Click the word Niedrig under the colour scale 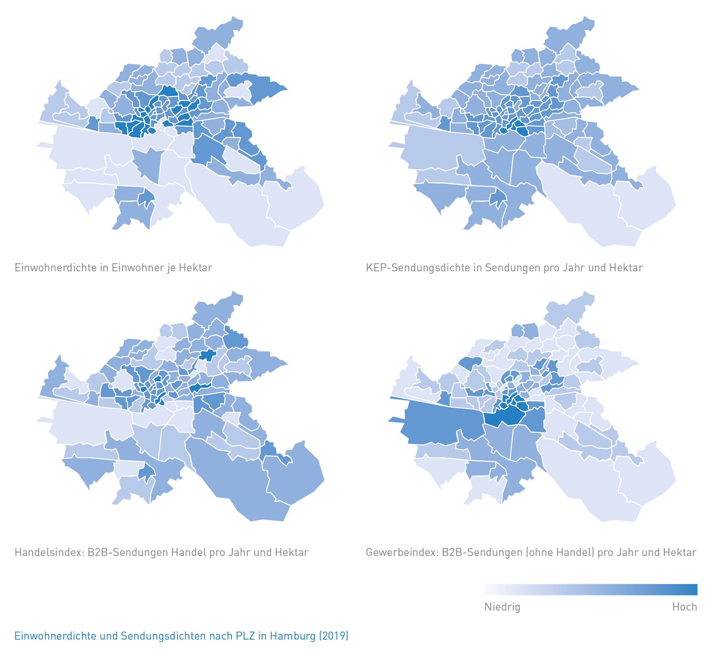pos(502,607)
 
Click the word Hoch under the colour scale pos(684,607)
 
